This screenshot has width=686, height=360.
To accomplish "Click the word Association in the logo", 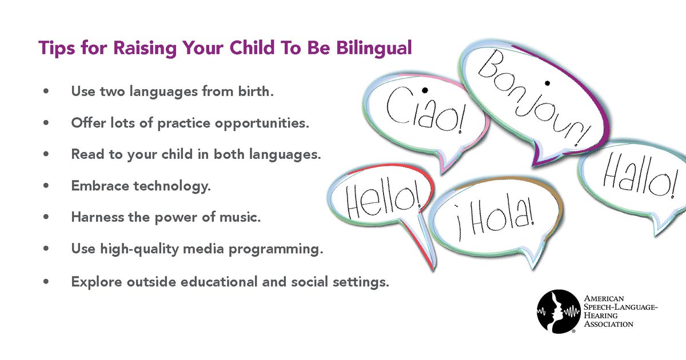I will pyautogui.click(x=608, y=324).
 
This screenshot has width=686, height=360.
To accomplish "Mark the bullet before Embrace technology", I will pyautogui.click(x=45, y=186).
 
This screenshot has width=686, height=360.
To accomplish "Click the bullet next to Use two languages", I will pyautogui.click(x=45, y=91).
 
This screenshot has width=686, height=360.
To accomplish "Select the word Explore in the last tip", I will pyautogui.click(x=91, y=282).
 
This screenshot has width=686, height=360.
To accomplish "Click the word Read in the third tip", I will pyautogui.click(x=84, y=154).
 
